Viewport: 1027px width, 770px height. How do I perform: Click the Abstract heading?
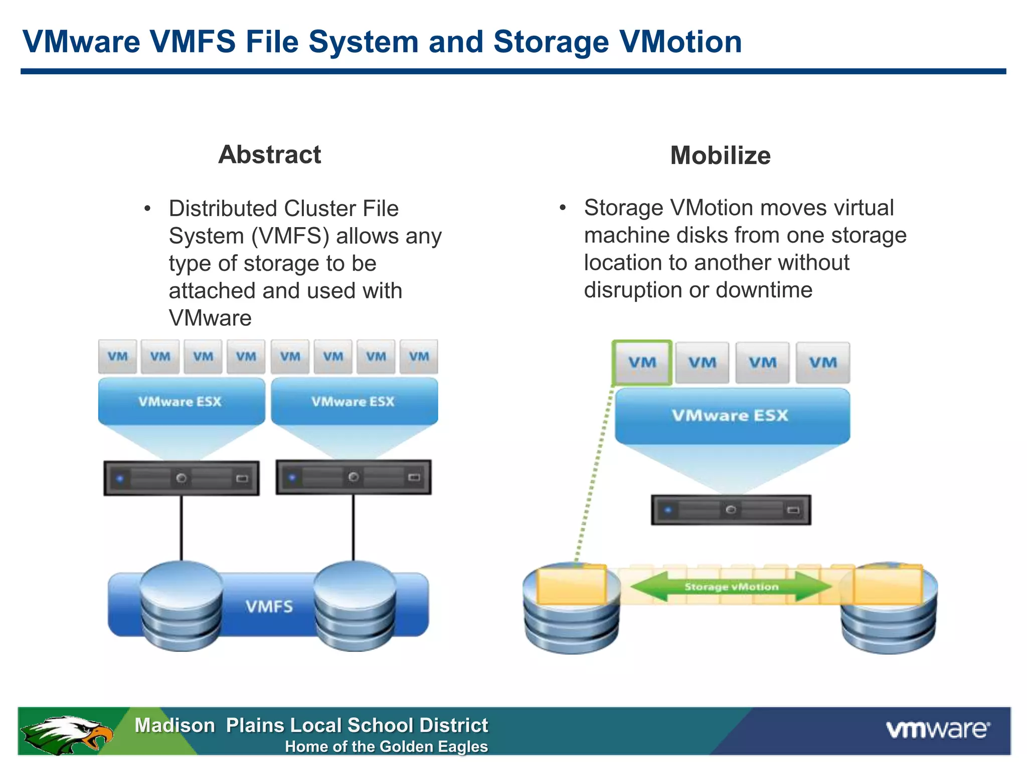(x=269, y=154)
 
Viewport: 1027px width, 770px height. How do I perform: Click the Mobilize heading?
(x=720, y=155)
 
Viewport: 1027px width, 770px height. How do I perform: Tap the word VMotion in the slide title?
(x=680, y=42)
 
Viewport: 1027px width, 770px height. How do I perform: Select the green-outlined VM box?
(x=642, y=362)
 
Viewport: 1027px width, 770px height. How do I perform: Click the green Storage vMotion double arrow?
(x=731, y=587)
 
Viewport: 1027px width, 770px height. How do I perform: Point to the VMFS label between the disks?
(x=269, y=607)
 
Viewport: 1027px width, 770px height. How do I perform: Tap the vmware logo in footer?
(x=938, y=729)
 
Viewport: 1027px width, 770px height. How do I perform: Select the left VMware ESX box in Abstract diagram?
(x=181, y=402)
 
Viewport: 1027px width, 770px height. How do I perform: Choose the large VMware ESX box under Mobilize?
(x=731, y=416)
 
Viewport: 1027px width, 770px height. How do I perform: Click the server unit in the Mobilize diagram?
(x=731, y=510)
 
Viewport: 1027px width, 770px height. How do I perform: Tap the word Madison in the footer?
(x=175, y=725)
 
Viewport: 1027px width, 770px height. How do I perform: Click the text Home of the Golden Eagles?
(x=386, y=746)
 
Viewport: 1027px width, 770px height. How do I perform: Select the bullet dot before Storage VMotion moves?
(x=563, y=208)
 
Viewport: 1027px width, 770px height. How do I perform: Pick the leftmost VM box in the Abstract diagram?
(x=117, y=356)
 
